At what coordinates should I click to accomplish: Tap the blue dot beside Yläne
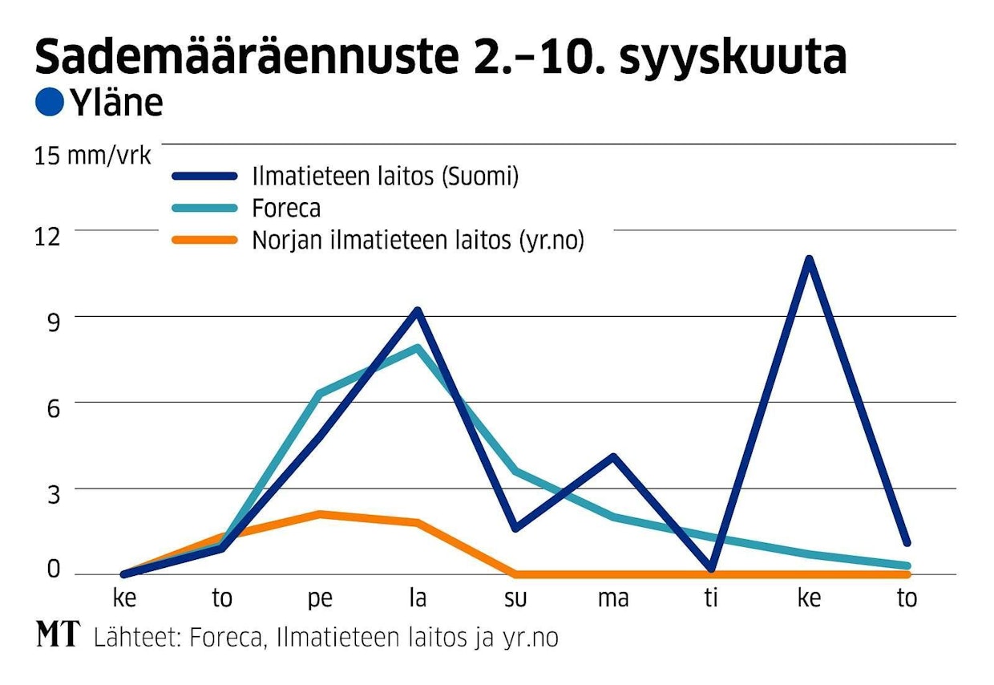click(51, 103)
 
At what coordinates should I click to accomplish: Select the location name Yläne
click(116, 103)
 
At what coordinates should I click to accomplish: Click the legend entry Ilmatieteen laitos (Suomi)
click(386, 176)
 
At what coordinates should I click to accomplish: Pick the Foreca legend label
click(286, 208)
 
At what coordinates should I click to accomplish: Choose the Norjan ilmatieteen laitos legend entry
click(418, 240)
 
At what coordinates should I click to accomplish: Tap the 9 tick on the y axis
click(53, 322)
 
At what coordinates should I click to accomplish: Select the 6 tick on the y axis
click(53, 407)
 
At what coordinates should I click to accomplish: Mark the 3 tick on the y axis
click(53, 493)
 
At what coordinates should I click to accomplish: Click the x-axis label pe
click(319, 599)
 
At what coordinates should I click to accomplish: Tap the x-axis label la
click(417, 598)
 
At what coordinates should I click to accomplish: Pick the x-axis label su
click(515, 599)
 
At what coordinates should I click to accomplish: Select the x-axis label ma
click(613, 599)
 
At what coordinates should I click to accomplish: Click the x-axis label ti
click(711, 598)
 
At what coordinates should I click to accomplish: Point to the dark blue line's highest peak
click(810, 260)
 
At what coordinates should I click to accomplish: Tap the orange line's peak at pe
click(319, 514)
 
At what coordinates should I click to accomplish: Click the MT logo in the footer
click(59, 635)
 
